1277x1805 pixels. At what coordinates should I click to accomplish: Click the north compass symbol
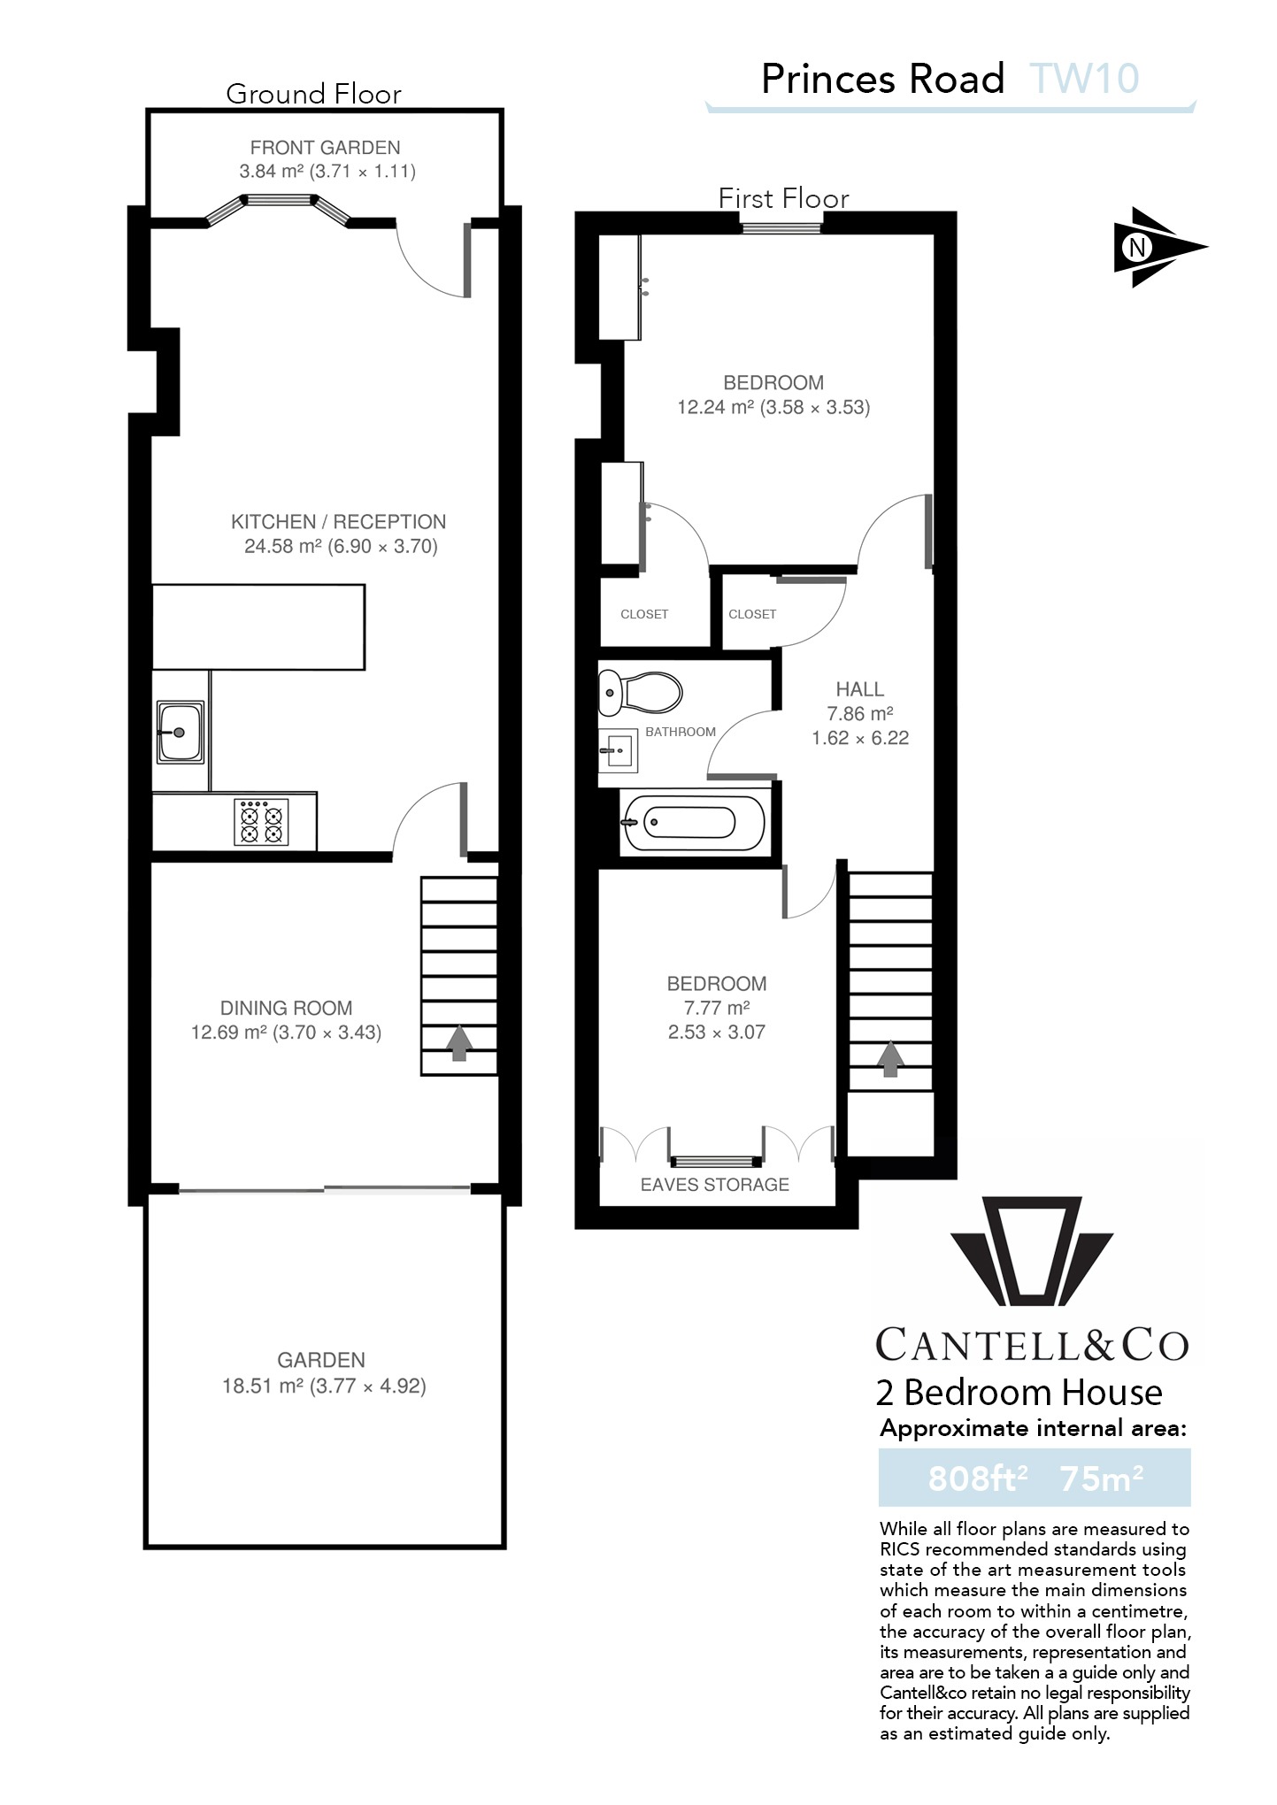(1151, 247)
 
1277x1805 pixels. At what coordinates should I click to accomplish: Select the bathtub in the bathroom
(692, 823)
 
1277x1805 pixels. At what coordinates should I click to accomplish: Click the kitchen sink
(181, 732)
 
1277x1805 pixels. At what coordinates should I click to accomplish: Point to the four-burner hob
(261, 822)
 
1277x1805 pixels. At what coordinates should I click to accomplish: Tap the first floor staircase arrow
(890, 1058)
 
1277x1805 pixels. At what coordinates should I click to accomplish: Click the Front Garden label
(325, 148)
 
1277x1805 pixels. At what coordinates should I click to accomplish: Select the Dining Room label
(286, 1008)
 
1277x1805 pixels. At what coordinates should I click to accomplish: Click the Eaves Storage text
(714, 1185)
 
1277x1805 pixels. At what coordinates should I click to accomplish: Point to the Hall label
(859, 689)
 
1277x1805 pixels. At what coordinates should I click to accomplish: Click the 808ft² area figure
(977, 1479)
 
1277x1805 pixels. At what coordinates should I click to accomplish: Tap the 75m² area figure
(1101, 1479)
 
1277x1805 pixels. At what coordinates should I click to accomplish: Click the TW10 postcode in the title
(1084, 80)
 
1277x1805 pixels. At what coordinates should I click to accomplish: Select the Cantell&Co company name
(1032, 1346)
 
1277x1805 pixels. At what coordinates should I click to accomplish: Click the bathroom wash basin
(619, 750)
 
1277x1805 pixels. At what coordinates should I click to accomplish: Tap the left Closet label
(644, 614)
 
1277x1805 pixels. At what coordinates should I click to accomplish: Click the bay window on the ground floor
(280, 205)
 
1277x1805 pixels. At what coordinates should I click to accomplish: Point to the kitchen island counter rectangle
(258, 626)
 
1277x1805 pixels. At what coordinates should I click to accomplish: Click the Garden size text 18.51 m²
(262, 1386)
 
